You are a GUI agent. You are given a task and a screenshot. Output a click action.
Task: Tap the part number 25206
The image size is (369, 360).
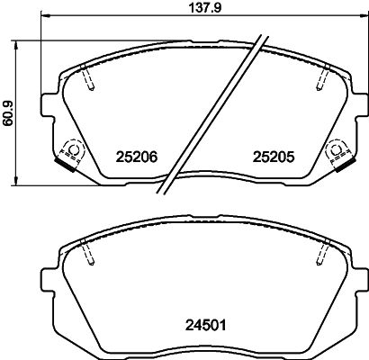(x=138, y=156)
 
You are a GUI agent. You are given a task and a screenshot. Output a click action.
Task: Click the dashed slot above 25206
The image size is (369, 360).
(x=87, y=80)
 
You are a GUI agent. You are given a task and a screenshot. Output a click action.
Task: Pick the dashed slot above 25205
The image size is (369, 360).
(x=319, y=80)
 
